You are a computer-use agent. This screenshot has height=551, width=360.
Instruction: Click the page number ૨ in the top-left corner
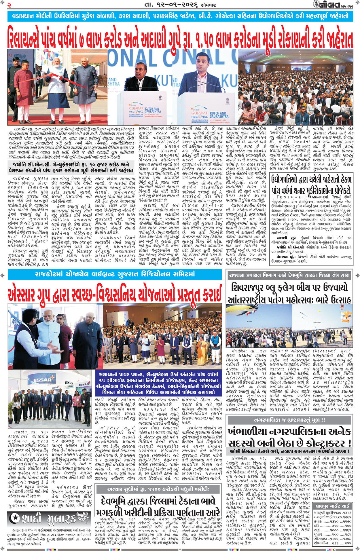[x=9, y=5]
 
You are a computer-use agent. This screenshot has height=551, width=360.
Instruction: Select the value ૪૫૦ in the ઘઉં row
[x=335, y=526]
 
